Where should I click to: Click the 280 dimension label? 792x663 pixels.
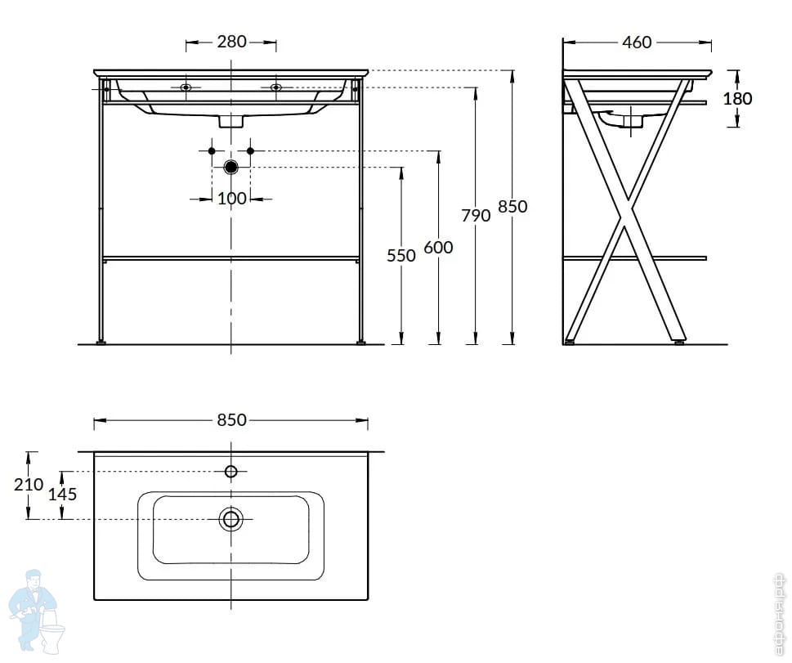click(231, 42)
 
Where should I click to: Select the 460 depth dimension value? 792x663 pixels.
click(637, 42)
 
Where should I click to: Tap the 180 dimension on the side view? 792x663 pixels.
click(737, 98)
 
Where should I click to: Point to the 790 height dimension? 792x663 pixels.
click(476, 215)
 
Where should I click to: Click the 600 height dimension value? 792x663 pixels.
click(439, 247)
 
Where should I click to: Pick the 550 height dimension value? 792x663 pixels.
click(401, 255)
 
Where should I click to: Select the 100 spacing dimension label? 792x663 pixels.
click(231, 198)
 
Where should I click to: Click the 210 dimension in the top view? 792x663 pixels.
click(29, 483)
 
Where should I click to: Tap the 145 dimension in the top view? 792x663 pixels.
click(63, 494)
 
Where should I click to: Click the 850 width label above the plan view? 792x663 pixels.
click(231, 420)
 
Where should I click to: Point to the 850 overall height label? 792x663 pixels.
click(512, 207)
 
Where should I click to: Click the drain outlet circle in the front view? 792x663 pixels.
click(231, 167)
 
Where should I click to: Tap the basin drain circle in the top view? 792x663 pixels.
click(231, 518)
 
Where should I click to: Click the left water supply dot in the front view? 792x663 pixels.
click(212, 151)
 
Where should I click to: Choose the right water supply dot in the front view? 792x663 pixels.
click(251, 151)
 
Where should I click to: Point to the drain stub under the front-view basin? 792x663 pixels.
click(231, 120)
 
